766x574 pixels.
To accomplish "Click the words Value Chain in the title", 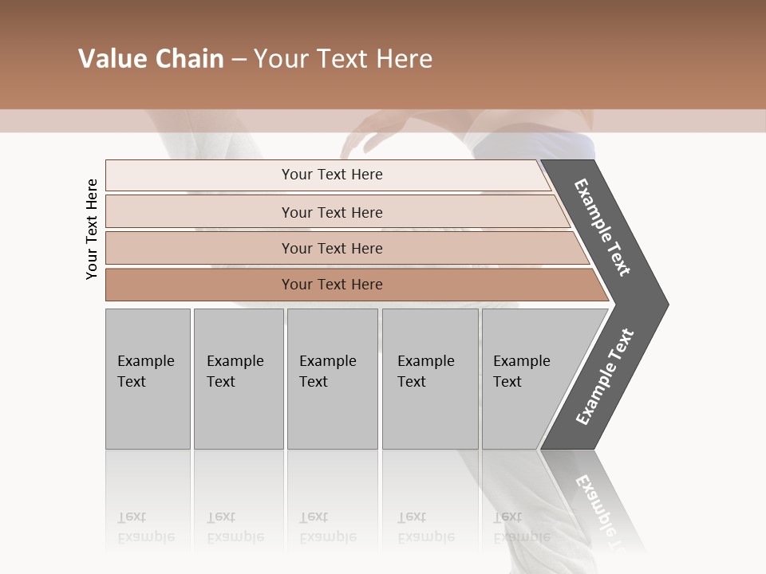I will (151, 59).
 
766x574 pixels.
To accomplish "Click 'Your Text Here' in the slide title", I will (343, 59).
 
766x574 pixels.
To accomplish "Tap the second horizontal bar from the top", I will (332, 212).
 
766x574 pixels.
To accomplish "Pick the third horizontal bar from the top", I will (332, 248).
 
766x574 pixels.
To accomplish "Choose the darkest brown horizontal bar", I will (332, 285).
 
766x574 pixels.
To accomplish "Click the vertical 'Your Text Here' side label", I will (92, 229).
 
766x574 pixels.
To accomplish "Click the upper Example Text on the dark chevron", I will (602, 227).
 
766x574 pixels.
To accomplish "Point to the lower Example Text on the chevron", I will (605, 376).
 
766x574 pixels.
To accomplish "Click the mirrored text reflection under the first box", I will (145, 527).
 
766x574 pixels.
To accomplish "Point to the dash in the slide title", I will (239, 60).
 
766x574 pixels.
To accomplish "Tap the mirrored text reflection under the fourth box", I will (425, 527).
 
